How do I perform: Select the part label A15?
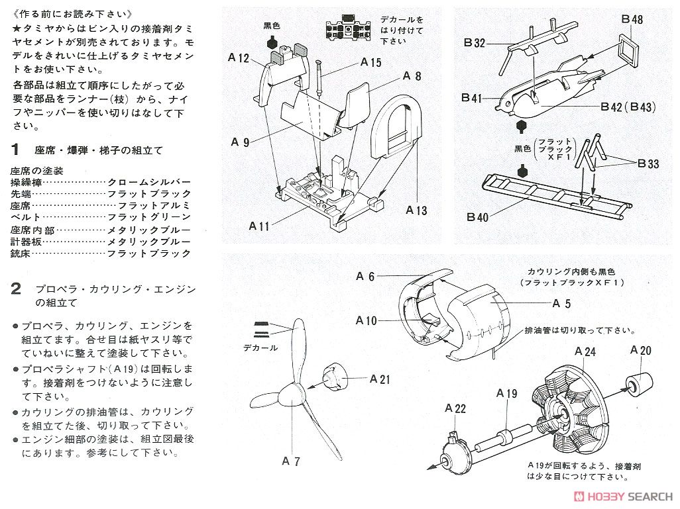tap(371, 62)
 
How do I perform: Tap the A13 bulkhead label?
tap(417, 211)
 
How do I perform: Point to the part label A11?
tap(259, 226)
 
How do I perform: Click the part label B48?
tap(632, 20)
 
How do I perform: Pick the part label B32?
tap(475, 43)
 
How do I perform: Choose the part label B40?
tap(477, 216)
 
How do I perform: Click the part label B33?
tap(648, 163)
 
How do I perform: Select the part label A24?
tap(585, 351)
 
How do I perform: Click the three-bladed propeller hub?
tap(290, 396)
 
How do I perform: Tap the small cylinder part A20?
tap(639, 383)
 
